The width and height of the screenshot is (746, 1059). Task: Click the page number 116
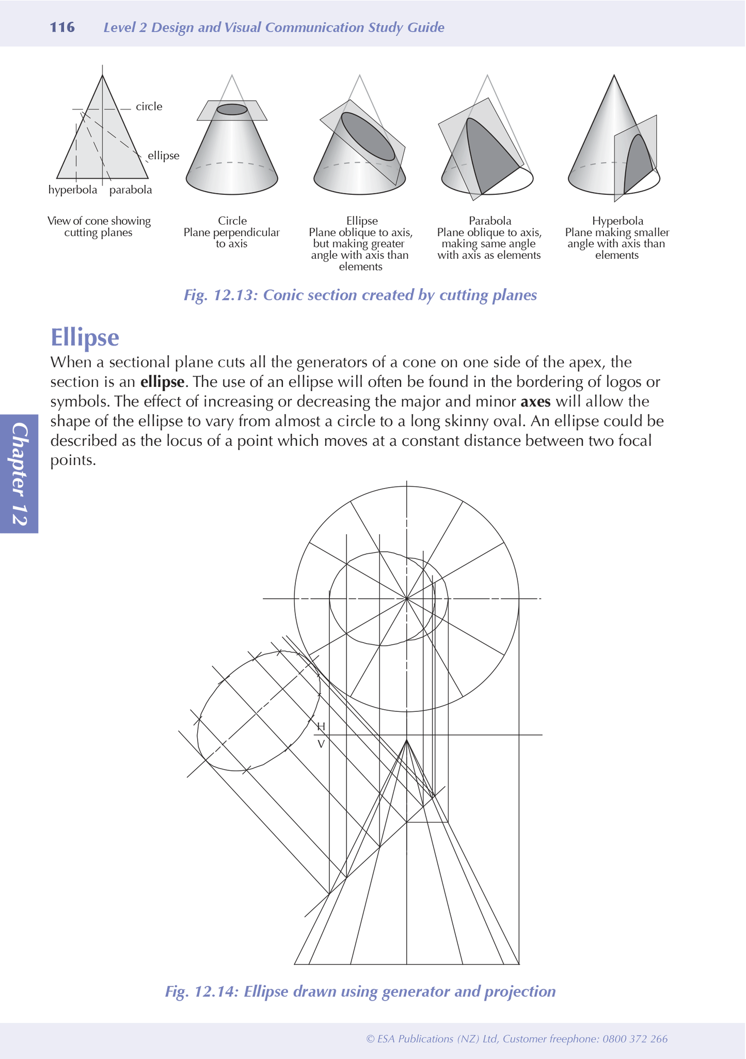[62, 27]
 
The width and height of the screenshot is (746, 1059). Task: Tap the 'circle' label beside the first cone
[149, 107]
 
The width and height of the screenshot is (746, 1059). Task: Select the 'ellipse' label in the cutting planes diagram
[163, 155]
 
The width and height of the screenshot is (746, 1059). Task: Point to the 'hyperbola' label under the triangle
[73, 190]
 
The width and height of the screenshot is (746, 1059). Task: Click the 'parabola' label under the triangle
[131, 190]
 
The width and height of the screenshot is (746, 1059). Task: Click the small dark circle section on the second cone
[232, 110]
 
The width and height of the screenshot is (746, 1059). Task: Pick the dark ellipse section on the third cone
[368, 136]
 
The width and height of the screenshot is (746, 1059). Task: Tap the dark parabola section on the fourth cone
[488, 155]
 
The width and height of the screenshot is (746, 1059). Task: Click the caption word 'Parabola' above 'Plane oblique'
[489, 221]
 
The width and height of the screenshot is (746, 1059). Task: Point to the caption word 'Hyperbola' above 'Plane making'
[617, 221]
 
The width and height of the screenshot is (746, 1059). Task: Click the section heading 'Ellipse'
[85, 338]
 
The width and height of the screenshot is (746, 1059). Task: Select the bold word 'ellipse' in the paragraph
[162, 382]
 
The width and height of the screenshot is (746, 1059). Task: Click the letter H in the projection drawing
[321, 726]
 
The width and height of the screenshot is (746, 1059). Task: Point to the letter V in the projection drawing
[321, 744]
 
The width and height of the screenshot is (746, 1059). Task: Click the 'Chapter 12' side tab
[19, 473]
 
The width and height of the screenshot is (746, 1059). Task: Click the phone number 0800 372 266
[635, 1039]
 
